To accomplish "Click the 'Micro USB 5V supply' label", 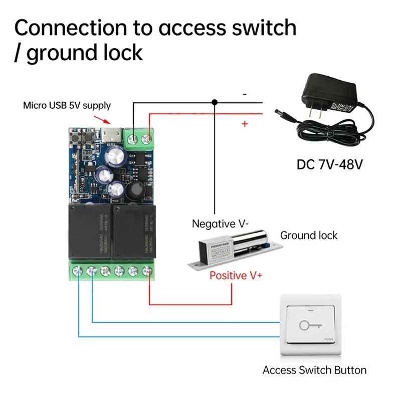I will [67, 106].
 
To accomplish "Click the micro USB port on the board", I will [112, 134].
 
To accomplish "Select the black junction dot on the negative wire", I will [215, 103].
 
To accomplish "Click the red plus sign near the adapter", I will [245, 124].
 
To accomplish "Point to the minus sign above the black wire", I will [245, 94].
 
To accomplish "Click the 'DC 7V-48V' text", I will [330, 164].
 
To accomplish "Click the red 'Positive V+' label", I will [235, 275].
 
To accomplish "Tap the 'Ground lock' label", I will [308, 235].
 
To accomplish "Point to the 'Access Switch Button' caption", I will [314, 370].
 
